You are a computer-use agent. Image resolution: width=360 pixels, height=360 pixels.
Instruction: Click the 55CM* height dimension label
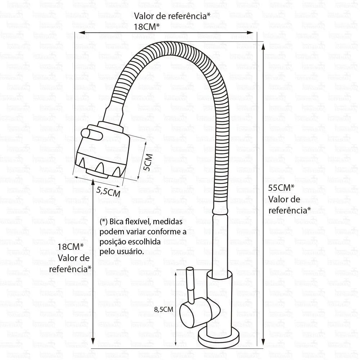point(282,188)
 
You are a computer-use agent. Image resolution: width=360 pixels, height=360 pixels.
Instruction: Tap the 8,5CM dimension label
point(164,309)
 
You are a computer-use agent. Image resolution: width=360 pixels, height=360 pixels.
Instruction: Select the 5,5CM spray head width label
point(108,192)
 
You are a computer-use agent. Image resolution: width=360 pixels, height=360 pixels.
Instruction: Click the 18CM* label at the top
point(147,26)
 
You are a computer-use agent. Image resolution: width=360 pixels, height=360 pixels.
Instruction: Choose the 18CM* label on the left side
point(71,247)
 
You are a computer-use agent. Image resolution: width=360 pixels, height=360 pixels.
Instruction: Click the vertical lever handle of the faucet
point(189,284)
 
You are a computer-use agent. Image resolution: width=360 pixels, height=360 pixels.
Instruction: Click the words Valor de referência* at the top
point(172,16)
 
